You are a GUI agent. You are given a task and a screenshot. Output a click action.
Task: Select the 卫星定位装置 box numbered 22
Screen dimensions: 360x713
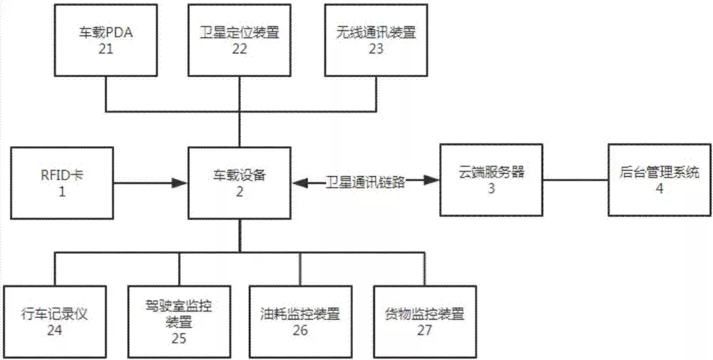pos(240,40)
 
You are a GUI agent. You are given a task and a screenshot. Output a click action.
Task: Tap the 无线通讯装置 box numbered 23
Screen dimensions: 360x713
pos(376,40)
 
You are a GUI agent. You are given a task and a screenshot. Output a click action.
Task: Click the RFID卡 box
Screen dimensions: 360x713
pos(61,182)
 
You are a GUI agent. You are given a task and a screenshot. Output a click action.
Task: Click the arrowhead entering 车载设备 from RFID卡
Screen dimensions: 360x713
pos(182,183)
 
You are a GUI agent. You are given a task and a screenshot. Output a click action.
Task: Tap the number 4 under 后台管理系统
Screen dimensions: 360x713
pos(658,189)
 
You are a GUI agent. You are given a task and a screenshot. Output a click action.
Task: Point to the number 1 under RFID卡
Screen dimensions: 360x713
pos(61,190)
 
